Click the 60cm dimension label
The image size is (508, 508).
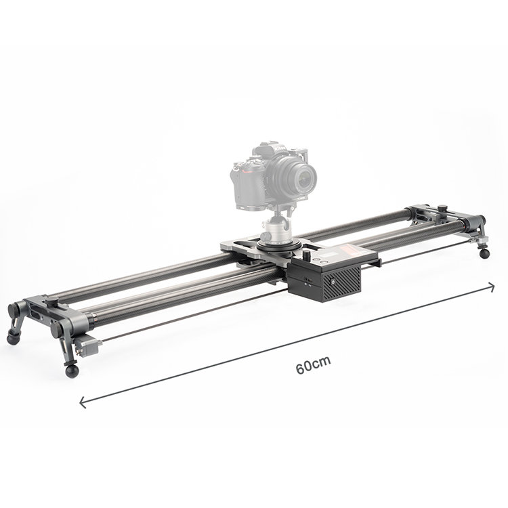pyautogui.click(x=313, y=365)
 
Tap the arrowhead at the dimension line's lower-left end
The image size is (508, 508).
pyautogui.click(x=83, y=402)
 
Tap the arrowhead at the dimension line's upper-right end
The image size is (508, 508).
pyautogui.click(x=491, y=287)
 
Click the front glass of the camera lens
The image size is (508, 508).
pyautogui.click(x=305, y=178)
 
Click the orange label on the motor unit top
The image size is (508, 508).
pyautogui.click(x=354, y=249)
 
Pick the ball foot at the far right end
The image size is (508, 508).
pyautogui.click(x=484, y=253)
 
